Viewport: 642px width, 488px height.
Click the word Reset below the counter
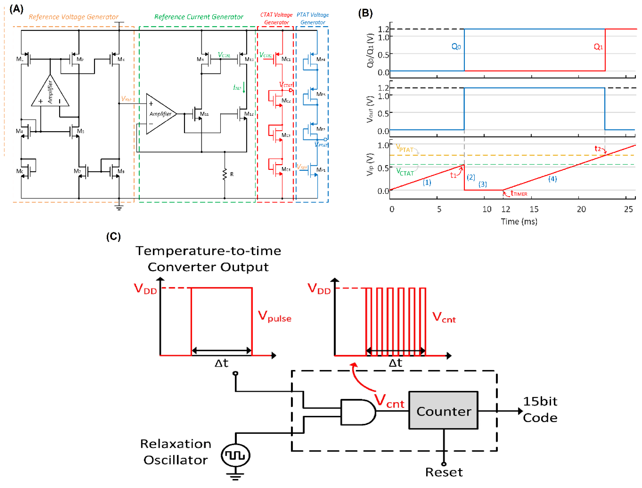click(x=444, y=472)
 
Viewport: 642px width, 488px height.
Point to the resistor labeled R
click(x=225, y=174)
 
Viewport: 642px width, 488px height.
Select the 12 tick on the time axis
click(x=506, y=209)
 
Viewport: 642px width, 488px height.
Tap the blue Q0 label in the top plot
click(x=456, y=46)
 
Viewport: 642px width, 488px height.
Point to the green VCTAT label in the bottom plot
click(x=405, y=172)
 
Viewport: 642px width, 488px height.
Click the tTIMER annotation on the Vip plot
click(x=519, y=193)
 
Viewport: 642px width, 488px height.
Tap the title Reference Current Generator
click(x=198, y=17)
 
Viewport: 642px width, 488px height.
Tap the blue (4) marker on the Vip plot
click(x=552, y=179)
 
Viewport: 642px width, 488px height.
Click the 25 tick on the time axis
click(x=628, y=209)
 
